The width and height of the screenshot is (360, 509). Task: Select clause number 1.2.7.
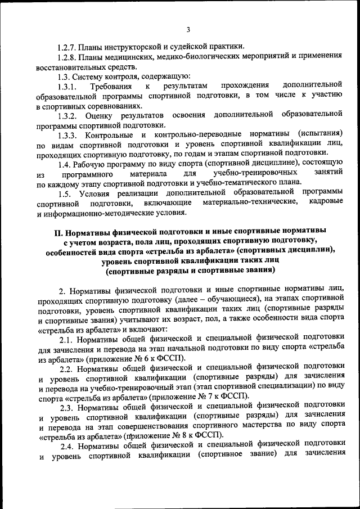[x=67, y=46]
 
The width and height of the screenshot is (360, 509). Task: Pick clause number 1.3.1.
[x=66, y=86]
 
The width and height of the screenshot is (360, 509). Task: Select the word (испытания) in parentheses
[x=321, y=135]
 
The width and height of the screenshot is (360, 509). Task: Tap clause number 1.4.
[x=64, y=164]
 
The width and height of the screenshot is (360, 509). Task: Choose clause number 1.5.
[x=64, y=193]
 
